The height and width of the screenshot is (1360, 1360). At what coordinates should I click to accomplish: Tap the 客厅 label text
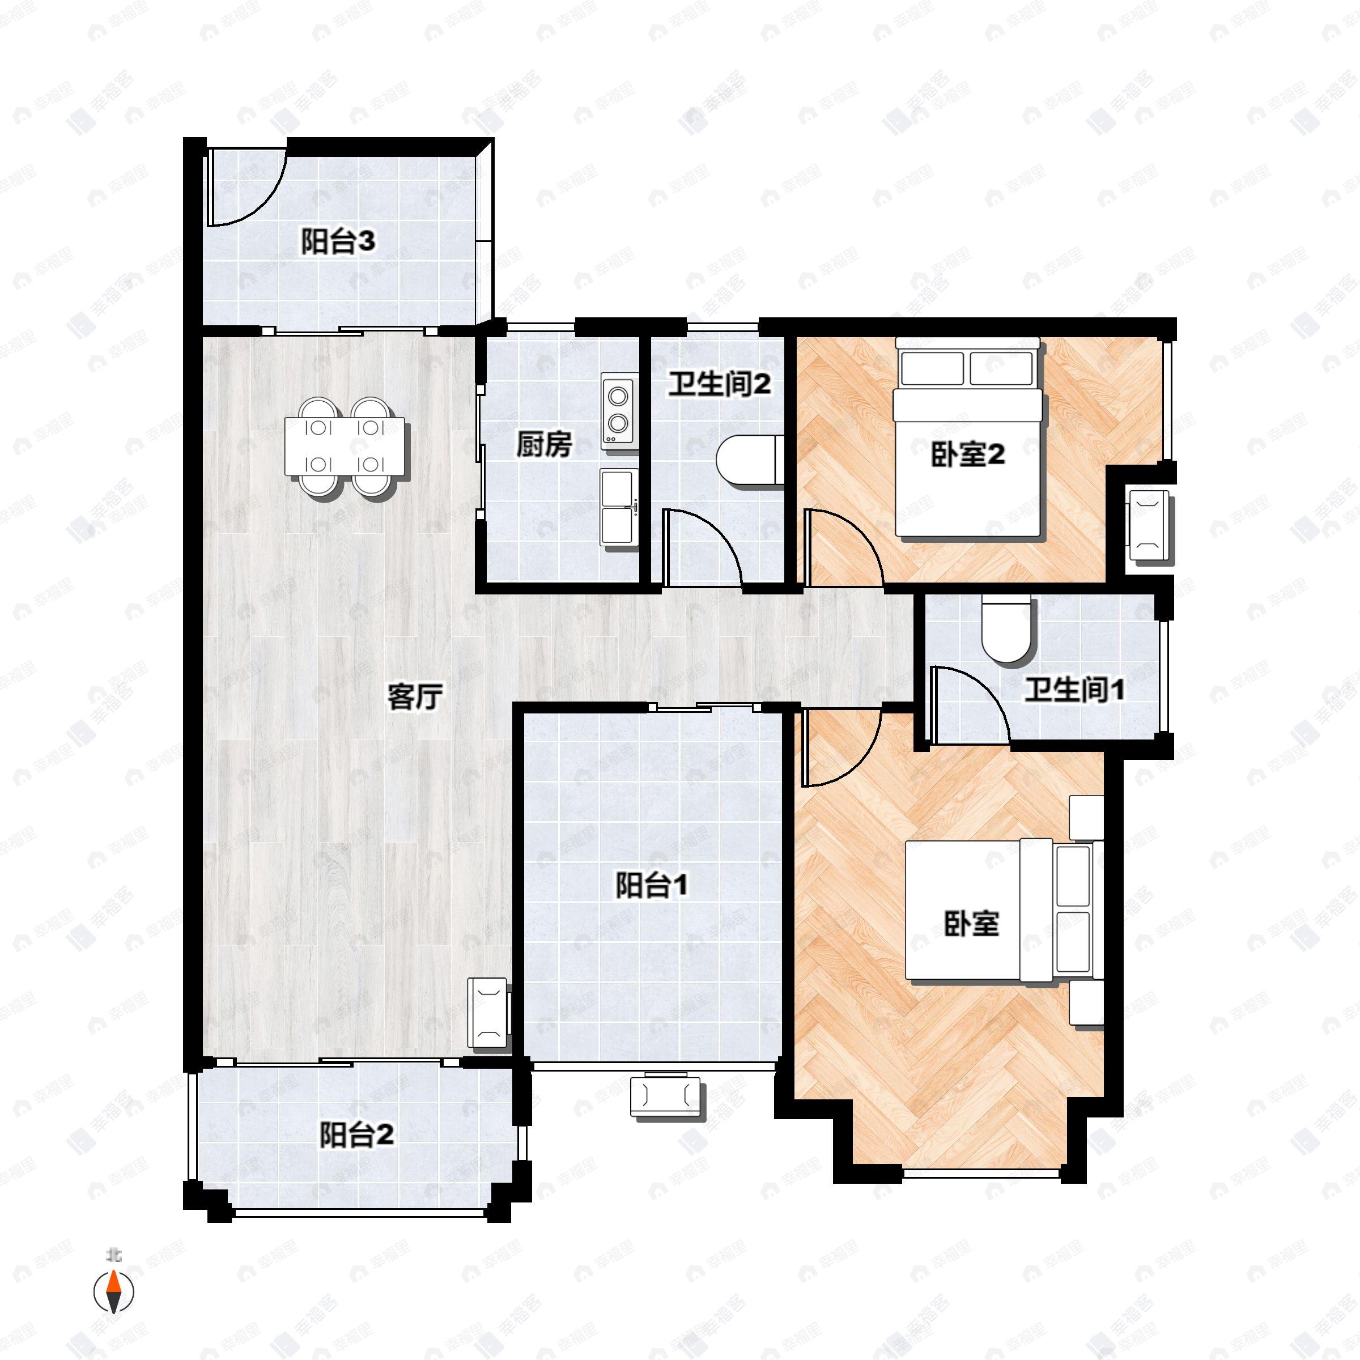coord(415,697)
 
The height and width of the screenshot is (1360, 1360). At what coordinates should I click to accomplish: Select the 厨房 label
coord(544,444)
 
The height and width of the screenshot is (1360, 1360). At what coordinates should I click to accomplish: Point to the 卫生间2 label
coord(720,384)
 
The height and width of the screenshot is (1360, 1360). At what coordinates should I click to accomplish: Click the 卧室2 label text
coord(968,456)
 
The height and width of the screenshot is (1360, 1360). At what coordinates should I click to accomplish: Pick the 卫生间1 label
coord(1074,690)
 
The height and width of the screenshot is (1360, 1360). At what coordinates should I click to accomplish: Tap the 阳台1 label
coord(651,886)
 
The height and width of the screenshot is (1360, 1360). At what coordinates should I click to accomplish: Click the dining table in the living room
coord(346,447)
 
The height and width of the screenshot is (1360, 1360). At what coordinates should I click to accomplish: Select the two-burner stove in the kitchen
coord(618,413)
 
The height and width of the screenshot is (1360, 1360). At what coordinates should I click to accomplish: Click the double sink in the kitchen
coord(619,507)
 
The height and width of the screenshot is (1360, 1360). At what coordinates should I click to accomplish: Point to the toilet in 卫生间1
coord(1006,630)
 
